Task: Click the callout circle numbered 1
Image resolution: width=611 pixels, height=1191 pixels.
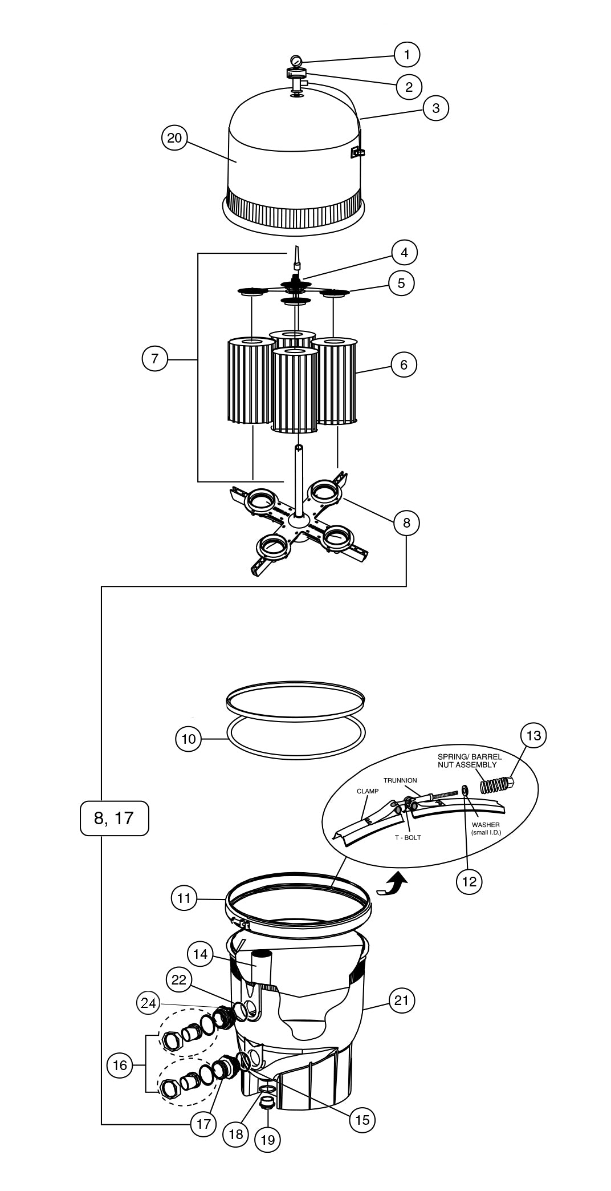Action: (x=406, y=55)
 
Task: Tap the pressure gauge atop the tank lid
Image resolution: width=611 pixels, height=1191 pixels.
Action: (x=295, y=61)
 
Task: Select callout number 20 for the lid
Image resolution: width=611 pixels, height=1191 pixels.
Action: (x=174, y=139)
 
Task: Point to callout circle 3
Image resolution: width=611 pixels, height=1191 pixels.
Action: (x=436, y=108)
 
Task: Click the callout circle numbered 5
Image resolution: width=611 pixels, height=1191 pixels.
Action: (x=402, y=283)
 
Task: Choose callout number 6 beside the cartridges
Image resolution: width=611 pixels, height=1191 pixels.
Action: (x=404, y=364)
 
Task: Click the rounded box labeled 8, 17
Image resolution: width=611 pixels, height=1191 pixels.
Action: (x=114, y=818)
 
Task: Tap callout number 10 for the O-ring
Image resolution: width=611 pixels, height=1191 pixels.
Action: (x=189, y=740)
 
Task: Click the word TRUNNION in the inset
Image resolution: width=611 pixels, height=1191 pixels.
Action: (x=400, y=780)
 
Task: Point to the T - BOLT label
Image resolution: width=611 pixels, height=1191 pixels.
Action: (x=408, y=837)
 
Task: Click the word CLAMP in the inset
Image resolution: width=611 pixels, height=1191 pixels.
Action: (x=368, y=791)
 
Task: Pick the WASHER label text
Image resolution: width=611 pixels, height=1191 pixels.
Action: (x=486, y=824)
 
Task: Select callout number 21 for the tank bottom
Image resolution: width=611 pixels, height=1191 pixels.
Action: (x=402, y=1000)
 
